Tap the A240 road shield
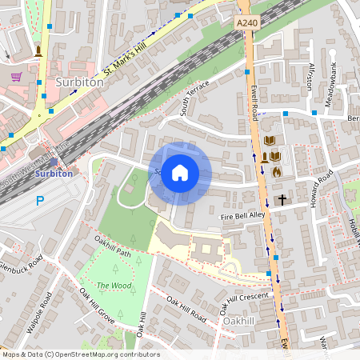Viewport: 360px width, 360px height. click(247, 24)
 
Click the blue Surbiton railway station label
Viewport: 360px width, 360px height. click(54, 173)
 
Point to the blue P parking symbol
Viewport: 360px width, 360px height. click(39, 201)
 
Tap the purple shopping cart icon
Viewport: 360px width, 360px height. click(16, 77)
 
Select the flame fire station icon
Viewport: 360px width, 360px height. click(277, 171)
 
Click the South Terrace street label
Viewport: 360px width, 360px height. click(194, 98)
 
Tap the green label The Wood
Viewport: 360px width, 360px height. click(114, 286)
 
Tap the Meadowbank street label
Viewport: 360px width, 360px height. click(332, 74)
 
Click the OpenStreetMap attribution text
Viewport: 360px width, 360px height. click(80, 354)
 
